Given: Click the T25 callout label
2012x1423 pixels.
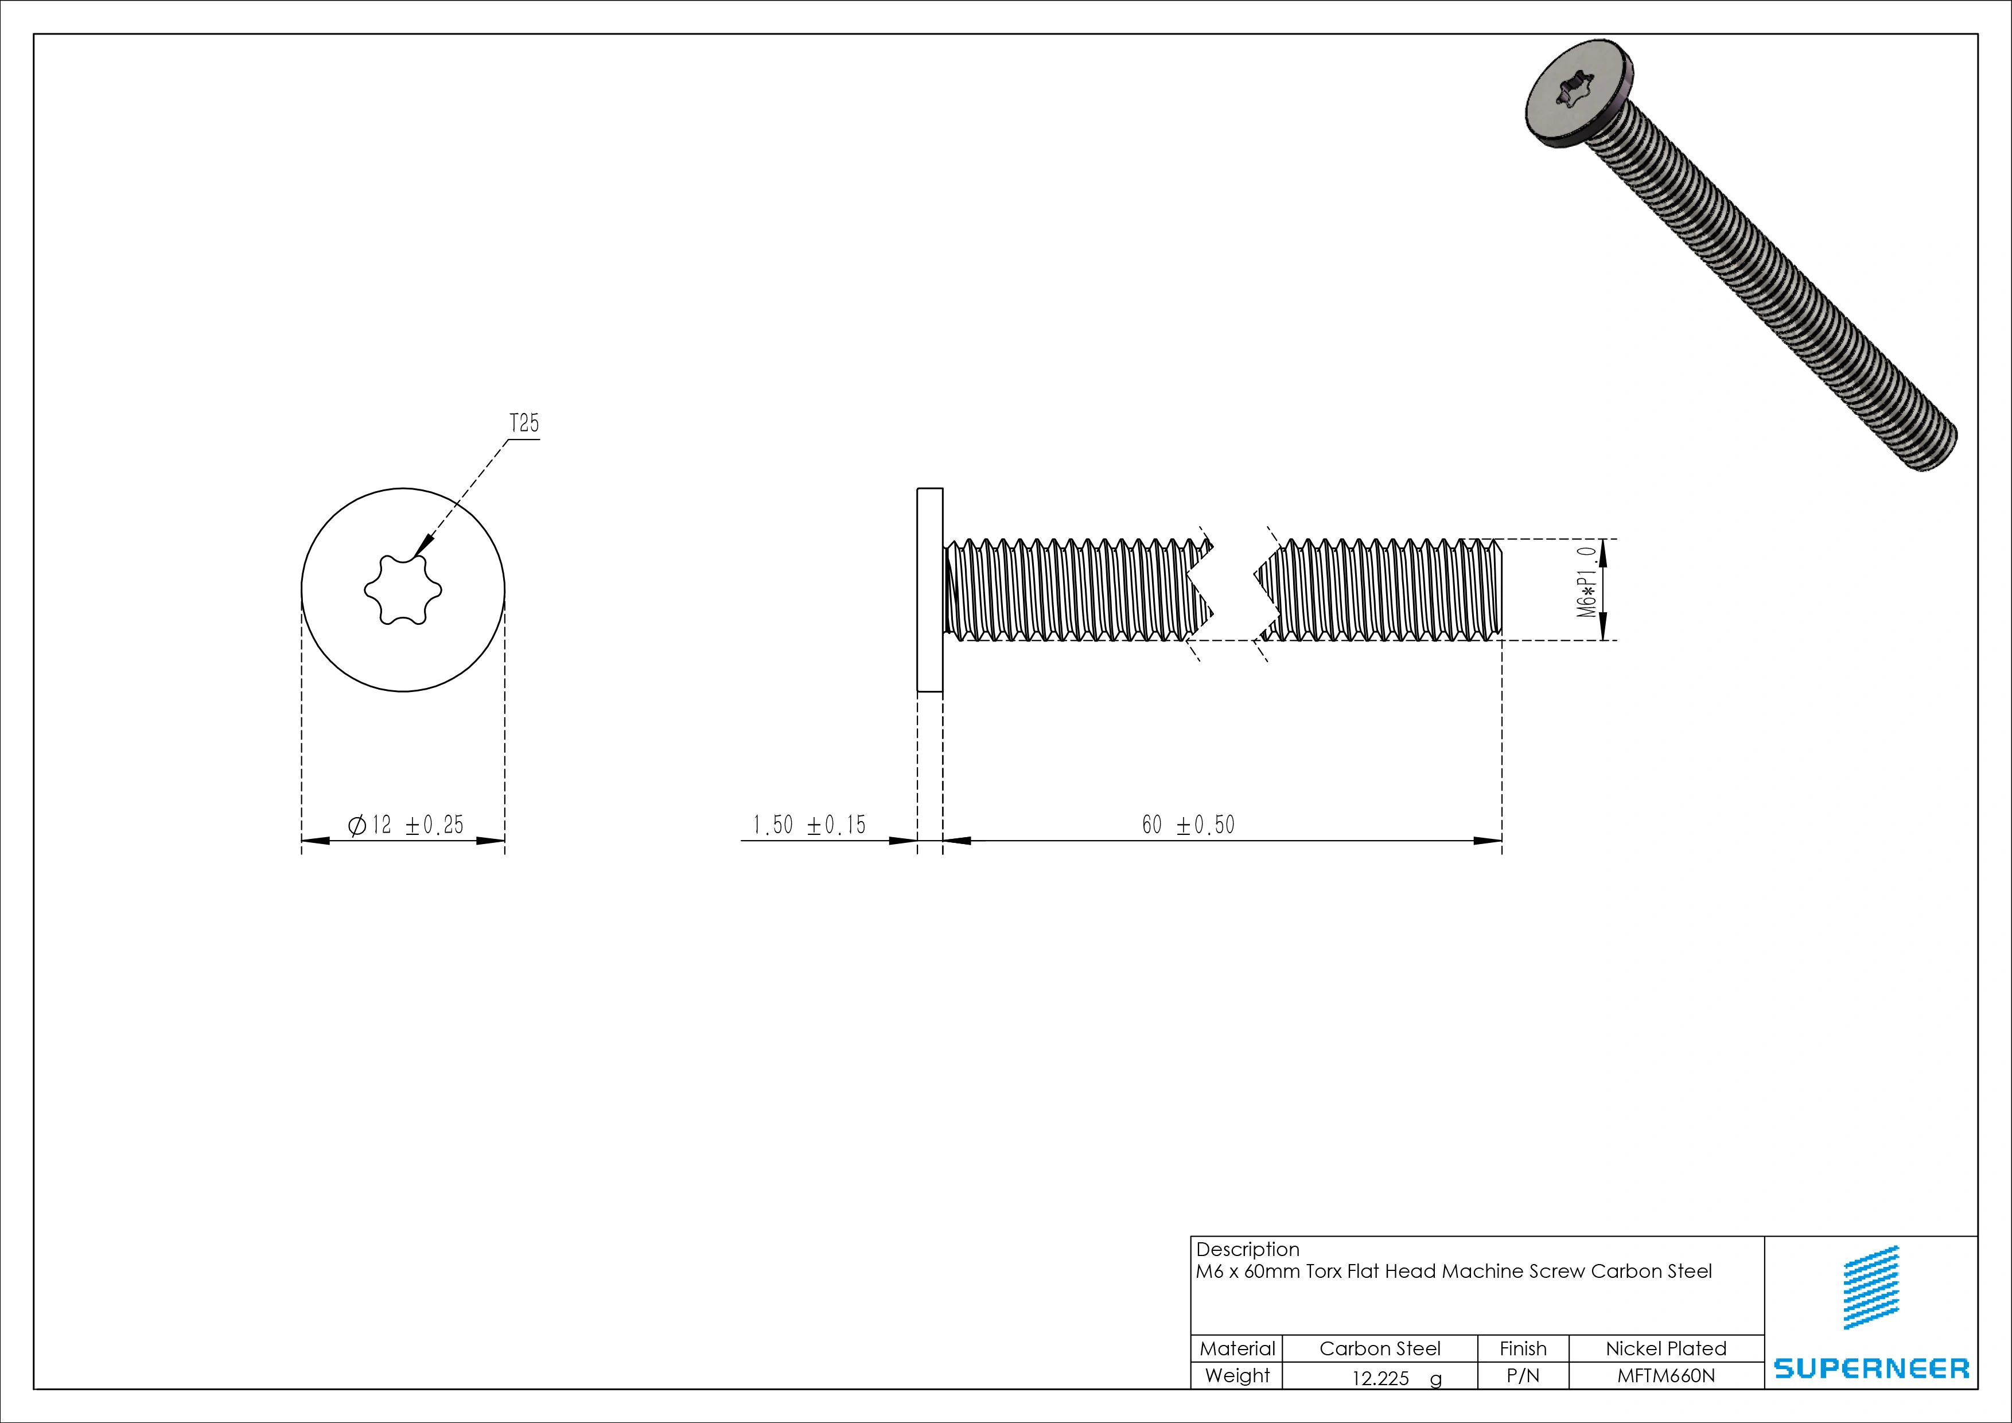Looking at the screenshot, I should [524, 424].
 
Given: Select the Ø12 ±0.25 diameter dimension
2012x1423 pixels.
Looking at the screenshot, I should [405, 825].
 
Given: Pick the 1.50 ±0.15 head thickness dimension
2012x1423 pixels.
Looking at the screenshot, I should [808, 825].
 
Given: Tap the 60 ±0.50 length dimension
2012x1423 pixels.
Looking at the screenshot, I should [1188, 825].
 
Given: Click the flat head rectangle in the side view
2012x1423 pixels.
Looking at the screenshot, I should [930, 590].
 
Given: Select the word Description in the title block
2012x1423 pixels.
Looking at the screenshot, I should [1247, 1249].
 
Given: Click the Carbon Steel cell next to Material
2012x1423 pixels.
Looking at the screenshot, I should [1379, 1348].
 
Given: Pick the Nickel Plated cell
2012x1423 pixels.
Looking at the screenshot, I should [1665, 1348].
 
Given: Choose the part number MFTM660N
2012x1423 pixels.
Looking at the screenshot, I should [1665, 1376].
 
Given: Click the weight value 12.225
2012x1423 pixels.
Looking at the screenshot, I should [1380, 1378].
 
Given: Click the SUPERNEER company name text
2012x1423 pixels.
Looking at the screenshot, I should [1871, 1368].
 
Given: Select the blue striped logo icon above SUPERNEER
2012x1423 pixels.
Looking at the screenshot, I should [1871, 1287].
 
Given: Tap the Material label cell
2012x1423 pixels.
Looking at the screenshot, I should [1236, 1348].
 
